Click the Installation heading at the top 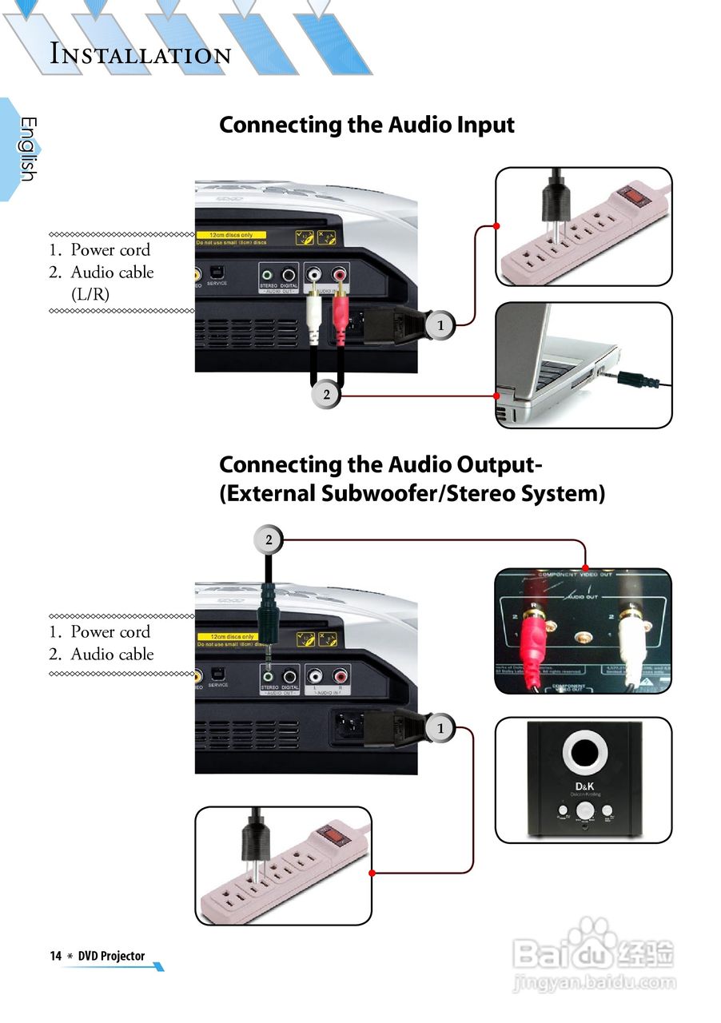pos(141,54)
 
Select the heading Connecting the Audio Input pos(367,125)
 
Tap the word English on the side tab pos(28,149)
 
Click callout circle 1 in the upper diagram pos(440,324)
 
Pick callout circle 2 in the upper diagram pos(326,394)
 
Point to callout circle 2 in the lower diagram pos(269,540)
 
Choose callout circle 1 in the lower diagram pos(440,728)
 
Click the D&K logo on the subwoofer pos(583,786)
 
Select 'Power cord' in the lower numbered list pos(110,631)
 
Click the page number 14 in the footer pos(55,956)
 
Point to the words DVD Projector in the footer pos(111,956)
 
